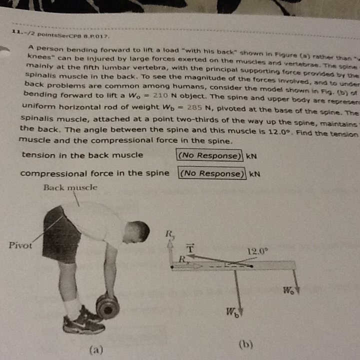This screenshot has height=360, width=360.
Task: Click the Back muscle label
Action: coord(70,188)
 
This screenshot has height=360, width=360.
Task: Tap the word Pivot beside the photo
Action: coord(20,245)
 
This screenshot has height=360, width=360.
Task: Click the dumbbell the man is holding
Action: coord(106,306)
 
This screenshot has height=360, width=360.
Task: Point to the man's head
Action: coord(137,231)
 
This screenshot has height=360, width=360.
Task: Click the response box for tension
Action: coord(209,155)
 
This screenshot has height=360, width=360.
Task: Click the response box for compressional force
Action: coord(212,173)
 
